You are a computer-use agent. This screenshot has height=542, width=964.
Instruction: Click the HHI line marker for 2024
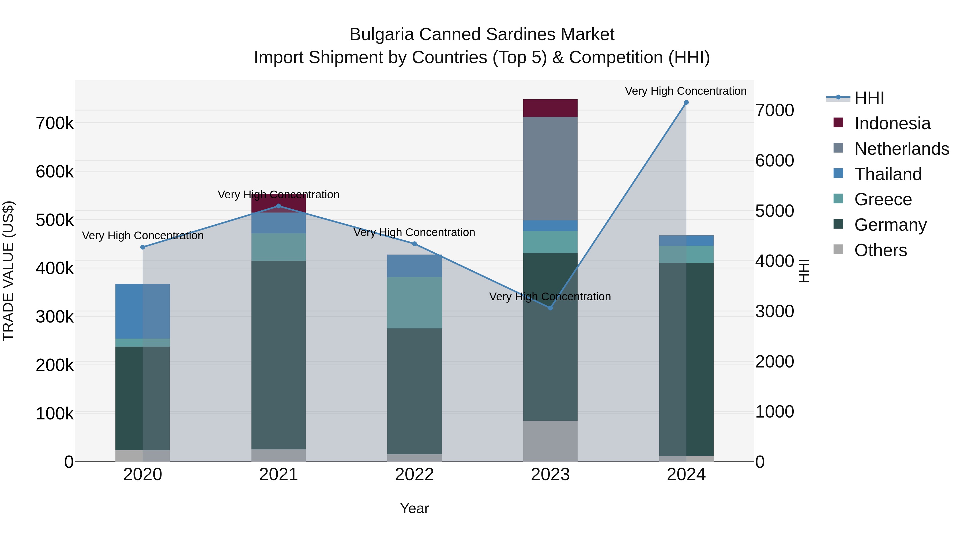[686, 103]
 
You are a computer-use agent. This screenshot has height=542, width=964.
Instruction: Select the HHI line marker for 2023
[550, 308]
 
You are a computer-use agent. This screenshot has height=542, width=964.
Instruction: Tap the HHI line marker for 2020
[142, 247]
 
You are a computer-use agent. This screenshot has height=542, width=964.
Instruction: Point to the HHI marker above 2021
[278, 206]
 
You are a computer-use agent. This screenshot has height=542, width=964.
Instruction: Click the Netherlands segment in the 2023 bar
[550, 168]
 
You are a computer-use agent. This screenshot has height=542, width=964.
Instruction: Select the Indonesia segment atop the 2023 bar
[550, 108]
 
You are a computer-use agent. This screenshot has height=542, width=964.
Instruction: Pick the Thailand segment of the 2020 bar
[129, 311]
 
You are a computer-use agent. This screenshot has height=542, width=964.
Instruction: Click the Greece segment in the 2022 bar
[414, 303]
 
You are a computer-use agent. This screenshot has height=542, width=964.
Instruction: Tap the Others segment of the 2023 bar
[550, 441]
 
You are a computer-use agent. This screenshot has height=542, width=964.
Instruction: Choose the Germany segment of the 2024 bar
[700, 359]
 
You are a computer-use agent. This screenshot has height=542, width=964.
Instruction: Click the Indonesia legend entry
[892, 123]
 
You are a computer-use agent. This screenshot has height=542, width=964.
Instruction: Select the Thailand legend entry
[888, 174]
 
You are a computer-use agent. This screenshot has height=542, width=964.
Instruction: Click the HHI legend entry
[869, 98]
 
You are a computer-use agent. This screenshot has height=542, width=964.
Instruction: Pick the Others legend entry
[880, 250]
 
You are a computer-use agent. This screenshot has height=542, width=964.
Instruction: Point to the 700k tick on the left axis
[55, 123]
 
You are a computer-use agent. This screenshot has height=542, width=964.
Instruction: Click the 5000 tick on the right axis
[774, 211]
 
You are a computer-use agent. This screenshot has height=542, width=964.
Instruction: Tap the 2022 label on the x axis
[414, 475]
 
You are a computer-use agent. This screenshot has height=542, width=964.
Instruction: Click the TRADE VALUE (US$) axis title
[8, 271]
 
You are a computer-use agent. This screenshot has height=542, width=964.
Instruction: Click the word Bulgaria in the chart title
[381, 35]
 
